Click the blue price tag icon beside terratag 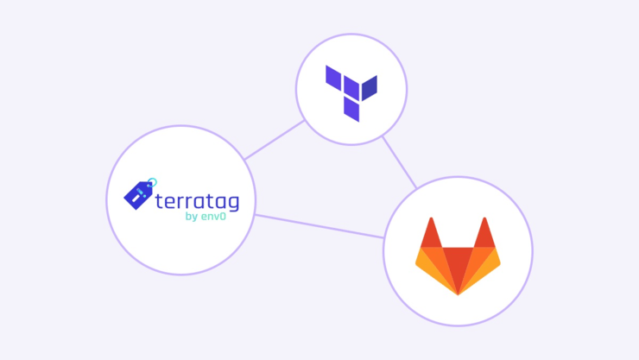[139, 194]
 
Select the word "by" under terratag [192, 217]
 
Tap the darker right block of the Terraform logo [369, 88]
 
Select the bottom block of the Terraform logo [351, 109]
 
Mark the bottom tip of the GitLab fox [458, 293]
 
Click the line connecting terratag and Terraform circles [275, 140]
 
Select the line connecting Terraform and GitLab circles [399, 161]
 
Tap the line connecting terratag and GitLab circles [319, 226]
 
